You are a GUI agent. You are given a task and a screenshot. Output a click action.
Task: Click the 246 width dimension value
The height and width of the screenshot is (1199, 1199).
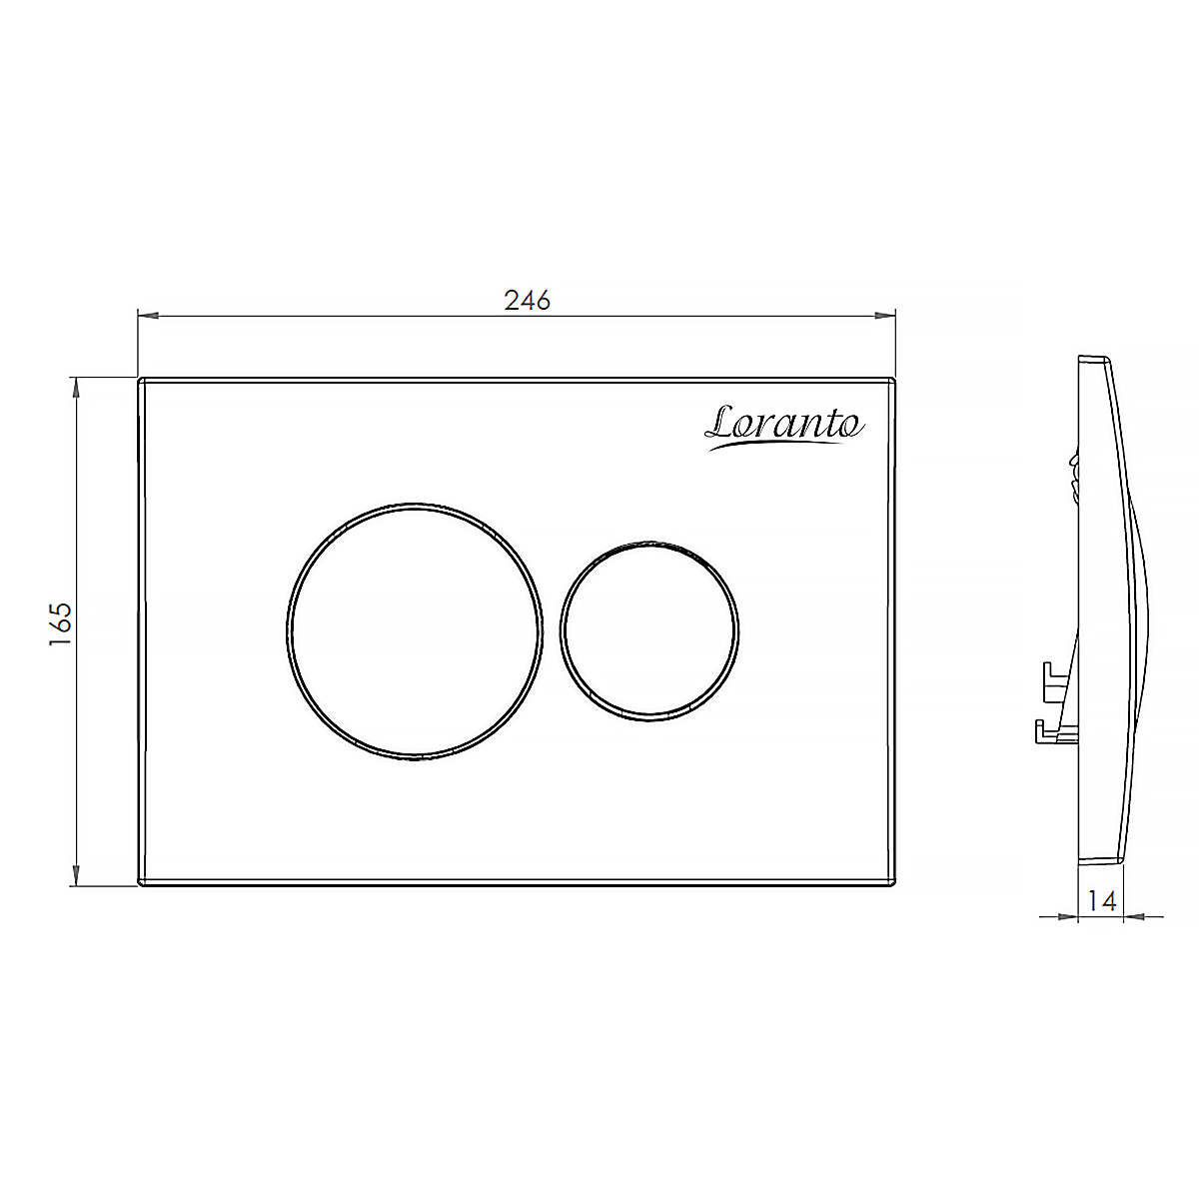[527, 301]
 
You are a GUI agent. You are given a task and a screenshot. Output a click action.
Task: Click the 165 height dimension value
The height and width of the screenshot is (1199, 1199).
[61, 624]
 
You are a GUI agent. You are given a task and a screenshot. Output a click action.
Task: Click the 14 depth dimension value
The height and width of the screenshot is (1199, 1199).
[1102, 901]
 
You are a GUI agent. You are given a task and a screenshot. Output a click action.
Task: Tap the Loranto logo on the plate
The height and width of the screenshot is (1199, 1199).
[784, 427]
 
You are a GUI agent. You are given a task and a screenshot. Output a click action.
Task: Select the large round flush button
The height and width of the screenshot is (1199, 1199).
[415, 631]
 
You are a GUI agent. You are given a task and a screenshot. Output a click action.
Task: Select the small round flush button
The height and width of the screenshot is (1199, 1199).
[649, 631]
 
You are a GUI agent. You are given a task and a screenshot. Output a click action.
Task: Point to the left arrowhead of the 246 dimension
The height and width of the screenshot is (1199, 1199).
[148, 316]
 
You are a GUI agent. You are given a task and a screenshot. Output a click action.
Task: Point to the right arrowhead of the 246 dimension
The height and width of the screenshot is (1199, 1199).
[885, 316]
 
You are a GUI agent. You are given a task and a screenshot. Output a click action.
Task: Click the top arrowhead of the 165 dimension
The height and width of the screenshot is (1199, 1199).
[77, 389]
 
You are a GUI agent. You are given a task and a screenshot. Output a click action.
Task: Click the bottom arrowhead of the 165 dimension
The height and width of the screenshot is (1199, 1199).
[77, 875]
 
